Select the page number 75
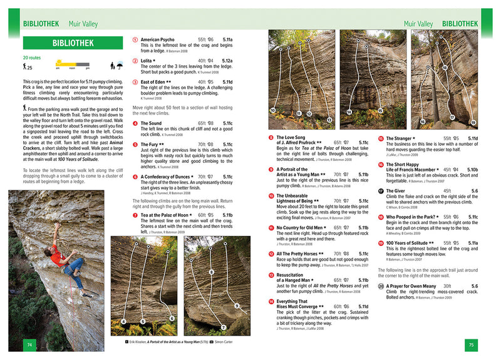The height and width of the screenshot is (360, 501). pos(472,344)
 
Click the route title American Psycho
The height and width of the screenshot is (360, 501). pos(157,39)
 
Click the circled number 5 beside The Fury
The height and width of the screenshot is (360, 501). pos(135,145)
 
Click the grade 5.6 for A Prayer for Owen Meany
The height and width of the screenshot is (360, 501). pos(474,286)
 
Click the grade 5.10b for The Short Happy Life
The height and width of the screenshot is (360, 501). pos(472,170)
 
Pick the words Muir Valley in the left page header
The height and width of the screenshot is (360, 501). pos(82,24)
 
